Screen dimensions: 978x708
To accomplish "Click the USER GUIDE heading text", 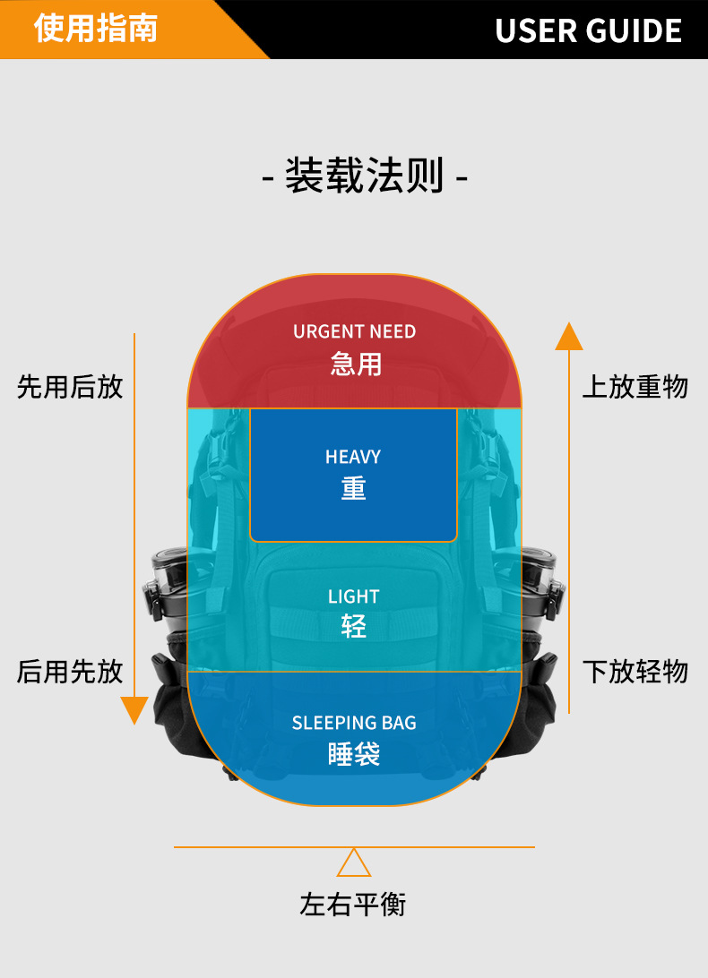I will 588,30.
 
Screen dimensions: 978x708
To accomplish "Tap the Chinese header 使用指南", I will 96,28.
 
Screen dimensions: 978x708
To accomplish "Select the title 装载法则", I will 364,176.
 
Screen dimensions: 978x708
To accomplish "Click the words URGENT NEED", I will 354,331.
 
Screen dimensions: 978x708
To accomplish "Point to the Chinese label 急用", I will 355,364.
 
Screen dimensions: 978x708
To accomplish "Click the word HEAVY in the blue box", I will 353,457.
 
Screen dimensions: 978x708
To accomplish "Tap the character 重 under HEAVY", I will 354,488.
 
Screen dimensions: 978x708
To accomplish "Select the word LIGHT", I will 353,596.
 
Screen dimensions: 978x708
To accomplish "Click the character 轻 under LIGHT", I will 354,626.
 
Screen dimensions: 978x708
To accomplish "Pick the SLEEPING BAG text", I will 354,723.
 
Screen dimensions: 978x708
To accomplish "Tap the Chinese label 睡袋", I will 354,754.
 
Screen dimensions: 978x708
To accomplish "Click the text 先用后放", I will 70,387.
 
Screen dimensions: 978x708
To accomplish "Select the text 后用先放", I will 70,671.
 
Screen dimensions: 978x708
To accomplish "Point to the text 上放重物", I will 635,387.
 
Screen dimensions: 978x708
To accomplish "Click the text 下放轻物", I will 635,671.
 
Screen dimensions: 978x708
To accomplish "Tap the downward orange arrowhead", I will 134,710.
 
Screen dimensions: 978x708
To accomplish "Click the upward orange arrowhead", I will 569,337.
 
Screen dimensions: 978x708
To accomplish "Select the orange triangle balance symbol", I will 354,863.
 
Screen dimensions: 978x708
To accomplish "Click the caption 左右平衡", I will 353,905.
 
